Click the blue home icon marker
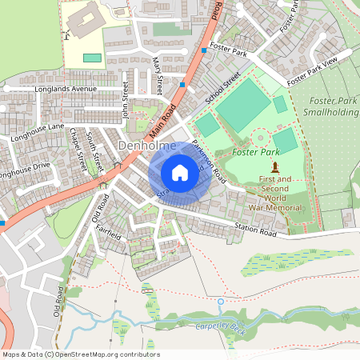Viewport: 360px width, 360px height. pyautogui.click(x=180, y=173)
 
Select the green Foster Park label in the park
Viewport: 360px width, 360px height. pyautogui.click(x=255, y=151)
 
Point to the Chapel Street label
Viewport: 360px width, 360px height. pyautogui.click(x=78, y=150)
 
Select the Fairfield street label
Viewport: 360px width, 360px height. pyautogui.click(x=108, y=231)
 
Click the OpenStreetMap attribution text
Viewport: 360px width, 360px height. pyautogui.click(x=81, y=354)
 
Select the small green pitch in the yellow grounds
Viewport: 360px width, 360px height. pyautogui.click(x=93, y=58)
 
